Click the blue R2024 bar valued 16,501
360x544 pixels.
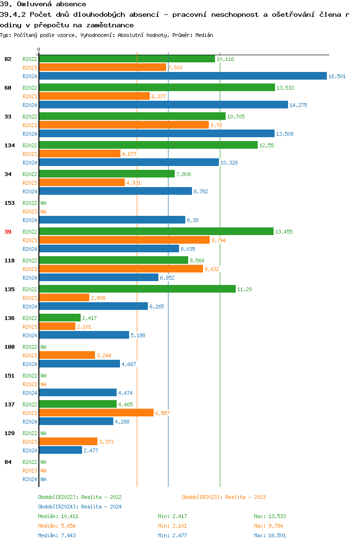(x=182, y=76)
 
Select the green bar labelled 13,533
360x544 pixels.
(x=156, y=87)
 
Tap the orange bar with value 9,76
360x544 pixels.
(x=124, y=125)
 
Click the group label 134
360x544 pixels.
(x=9, y=145)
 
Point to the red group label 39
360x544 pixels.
(x=8, y=232)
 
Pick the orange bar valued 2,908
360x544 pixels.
(x=64, y=297)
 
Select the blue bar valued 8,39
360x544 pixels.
(x=112, y=220)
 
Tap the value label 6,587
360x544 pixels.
(x=162, y=413)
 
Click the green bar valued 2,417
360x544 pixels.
(x=60, y=318)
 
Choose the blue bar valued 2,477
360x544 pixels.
(x=60, y=450)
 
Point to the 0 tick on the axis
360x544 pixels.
(x=39, y=50)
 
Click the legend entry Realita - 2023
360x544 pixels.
(x=224, y=497)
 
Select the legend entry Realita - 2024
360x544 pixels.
(x=80, y=507)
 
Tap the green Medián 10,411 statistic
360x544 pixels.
(x=58, y=516)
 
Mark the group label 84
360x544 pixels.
(x=8, y=462)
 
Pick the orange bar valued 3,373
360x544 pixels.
(x=68, y=441)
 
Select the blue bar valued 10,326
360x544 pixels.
(x=129, y=162)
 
